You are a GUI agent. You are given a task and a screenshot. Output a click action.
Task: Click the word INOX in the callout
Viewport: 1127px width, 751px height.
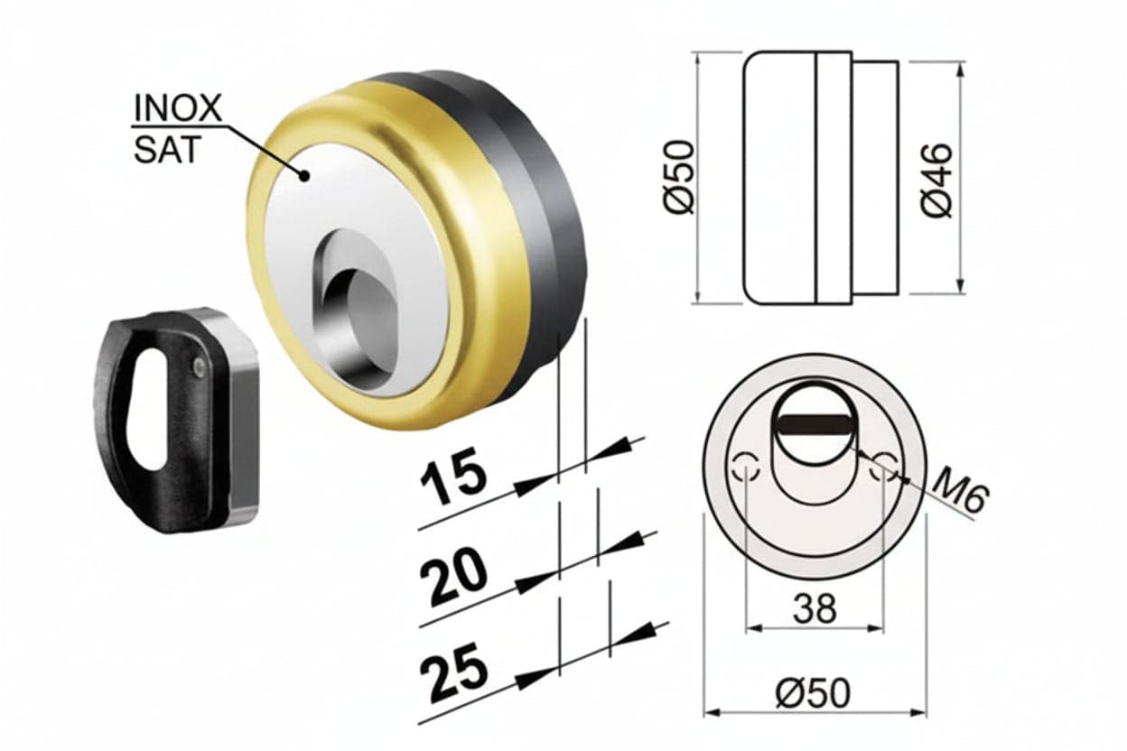click(178, 107)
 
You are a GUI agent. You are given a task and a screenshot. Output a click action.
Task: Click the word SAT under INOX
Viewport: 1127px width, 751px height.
click(167, 149)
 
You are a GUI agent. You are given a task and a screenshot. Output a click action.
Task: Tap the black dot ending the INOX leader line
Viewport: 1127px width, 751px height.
click(304, 175)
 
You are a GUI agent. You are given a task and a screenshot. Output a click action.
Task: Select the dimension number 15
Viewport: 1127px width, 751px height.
click(454, 479)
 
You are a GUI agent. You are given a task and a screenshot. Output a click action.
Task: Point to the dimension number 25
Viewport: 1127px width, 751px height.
click(454, 674)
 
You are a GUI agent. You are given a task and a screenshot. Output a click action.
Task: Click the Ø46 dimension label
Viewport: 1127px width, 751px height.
click(938, 181)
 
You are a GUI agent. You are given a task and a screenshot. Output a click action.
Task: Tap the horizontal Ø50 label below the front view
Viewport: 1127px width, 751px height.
click(813, 693)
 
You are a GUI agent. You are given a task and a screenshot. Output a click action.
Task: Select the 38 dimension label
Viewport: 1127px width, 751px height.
click(815, 608)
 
